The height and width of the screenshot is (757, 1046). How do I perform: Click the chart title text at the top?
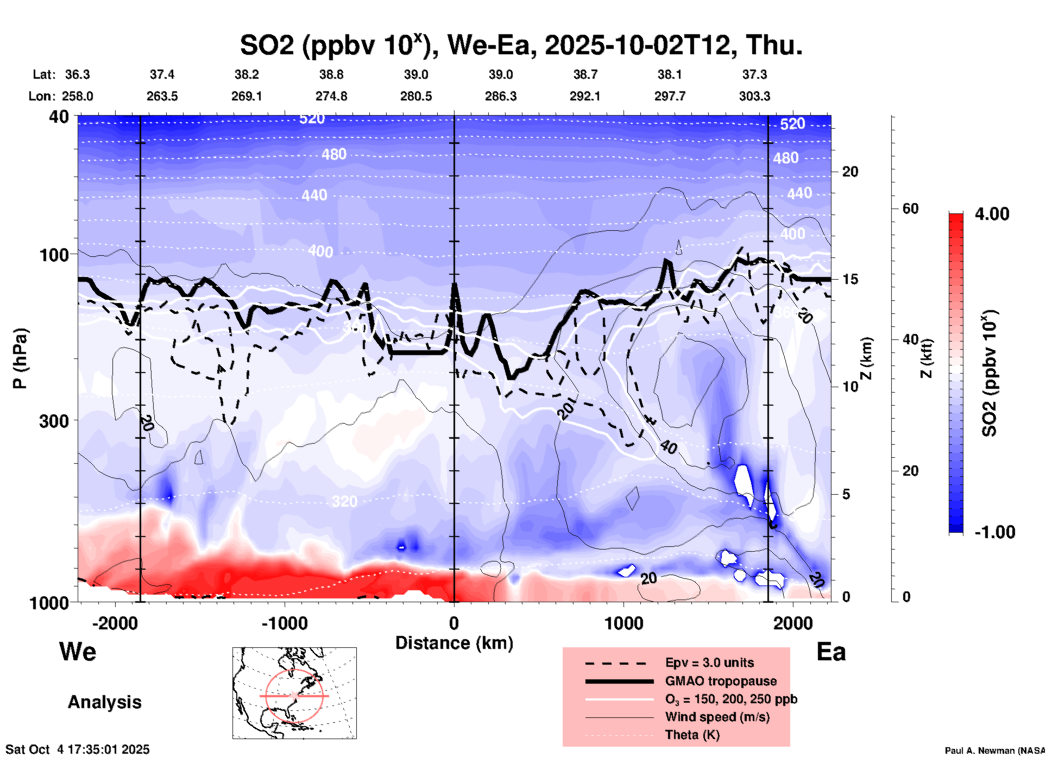(x=521, y=45)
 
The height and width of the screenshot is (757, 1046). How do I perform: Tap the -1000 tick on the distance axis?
(x=284, y=623)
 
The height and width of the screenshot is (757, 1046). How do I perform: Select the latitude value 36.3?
(x=77, y=74)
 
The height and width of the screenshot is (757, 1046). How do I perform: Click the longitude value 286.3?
(x=500, y=96)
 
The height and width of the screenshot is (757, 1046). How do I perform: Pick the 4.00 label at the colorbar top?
(x=992, y=214)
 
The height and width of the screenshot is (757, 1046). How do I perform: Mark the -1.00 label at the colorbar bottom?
(x=994, y=532)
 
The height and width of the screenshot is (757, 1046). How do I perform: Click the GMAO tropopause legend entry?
(x=721, y=681)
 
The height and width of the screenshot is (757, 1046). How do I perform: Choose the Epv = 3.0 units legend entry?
(x=709, y=663)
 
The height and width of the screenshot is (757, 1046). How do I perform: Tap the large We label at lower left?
(x=78, y=652)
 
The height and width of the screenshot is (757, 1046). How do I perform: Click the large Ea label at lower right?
(x=831, y=652)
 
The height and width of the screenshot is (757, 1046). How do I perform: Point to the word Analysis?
(x=104, y=702)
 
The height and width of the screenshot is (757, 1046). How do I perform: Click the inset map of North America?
(x=294, y=692)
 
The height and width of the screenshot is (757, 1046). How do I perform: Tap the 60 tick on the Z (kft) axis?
(x=910, y=209)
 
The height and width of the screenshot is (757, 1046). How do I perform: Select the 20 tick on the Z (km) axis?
(x=850, y=172)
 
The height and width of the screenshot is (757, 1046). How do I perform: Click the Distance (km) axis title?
(x=454, y=643)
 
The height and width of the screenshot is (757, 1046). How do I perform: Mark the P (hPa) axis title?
(x=21, y=358)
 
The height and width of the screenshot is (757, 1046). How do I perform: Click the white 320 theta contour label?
(x=344, y=501)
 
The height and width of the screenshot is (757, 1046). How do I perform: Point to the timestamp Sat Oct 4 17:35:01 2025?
(x=77, y=749)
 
